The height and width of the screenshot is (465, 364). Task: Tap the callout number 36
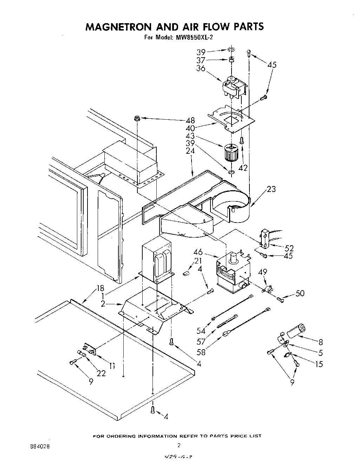pos(201,69)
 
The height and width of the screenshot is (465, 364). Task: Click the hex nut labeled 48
pos(137,119)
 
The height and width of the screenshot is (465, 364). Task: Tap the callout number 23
pos(271,189)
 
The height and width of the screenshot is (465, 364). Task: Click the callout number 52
pos(290,248)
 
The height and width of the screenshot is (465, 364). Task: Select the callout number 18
pos(100,288)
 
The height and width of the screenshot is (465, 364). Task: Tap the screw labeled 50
pos(280,299)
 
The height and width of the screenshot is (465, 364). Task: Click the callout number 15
pos(319,364)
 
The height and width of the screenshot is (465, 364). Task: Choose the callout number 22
pos(101,373)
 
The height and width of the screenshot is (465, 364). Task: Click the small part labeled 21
pos(187,272)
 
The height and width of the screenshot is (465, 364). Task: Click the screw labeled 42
pos(242,141)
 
